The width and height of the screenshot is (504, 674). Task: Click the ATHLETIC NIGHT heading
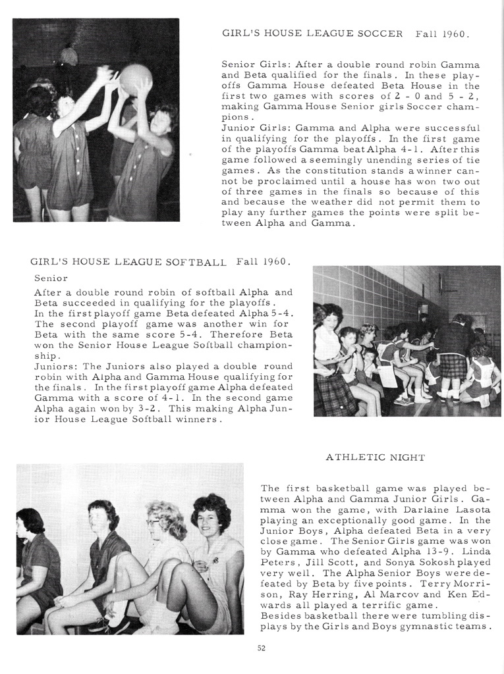pyautogui.click(x=375, y=457)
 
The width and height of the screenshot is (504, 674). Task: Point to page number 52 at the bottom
pyautogui.click(x=261, y=648)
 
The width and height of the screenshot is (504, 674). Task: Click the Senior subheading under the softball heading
pyautogui.click(x=51, y=278)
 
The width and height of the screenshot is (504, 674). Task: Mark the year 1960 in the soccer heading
pyautogui.click(x=455, y=33)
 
